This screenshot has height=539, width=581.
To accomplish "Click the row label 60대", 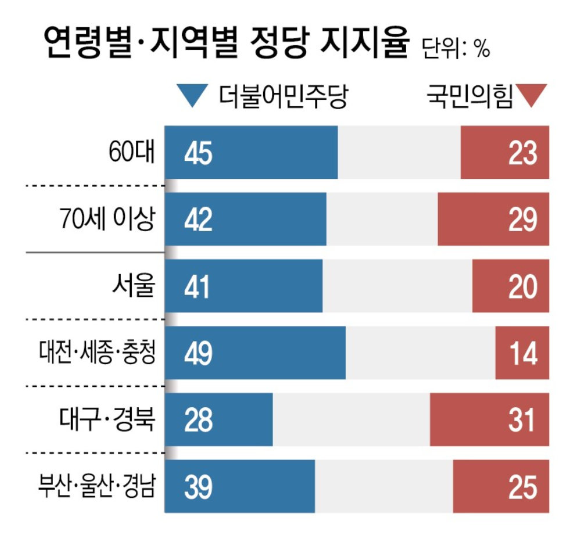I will pyautogui.click(x=132, y=153).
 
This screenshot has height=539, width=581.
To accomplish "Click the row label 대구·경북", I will pyautogui.click(x=107, y=421).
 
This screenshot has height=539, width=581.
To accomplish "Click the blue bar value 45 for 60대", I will pyautogui.click(x=198, y=153).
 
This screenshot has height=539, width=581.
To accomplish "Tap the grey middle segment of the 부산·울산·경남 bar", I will pyautogui.click(x=383, y=487).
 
